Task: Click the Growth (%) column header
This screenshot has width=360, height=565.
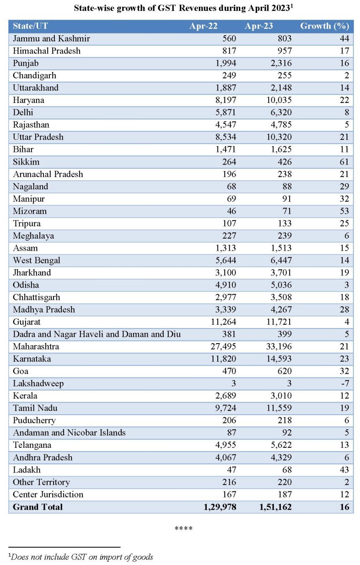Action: (x=324, y=26)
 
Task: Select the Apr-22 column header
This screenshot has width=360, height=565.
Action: (x=203, y=26)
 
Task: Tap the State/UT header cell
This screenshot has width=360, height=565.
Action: (x=30, y=26)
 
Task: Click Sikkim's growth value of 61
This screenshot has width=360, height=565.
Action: (x=345, y=162)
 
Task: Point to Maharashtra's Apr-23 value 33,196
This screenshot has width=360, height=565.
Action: (x=279, y=346)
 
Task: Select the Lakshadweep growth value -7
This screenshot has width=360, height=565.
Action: (x=345, y=383)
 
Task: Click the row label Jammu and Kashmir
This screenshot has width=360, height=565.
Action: (x=51, y=39)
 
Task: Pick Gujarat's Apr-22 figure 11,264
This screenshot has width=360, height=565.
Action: (x=224, y=322)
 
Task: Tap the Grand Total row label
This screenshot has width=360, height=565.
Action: (x=38, y=507)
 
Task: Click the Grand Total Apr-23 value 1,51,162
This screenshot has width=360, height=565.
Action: (x=275, y=507)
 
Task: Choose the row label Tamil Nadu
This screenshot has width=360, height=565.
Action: (x=35, y=408)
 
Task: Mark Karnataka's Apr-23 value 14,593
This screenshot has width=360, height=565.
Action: (x=279, y=359)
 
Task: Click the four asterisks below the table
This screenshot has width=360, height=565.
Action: (x=183, y=528)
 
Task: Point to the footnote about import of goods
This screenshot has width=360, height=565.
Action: (x=81, y=557)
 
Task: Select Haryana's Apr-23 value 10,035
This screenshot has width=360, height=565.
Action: (x=279, y=100)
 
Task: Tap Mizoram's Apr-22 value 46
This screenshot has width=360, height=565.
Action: (x=231, y=211)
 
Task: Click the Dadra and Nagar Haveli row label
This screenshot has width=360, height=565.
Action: (x=97, y=334)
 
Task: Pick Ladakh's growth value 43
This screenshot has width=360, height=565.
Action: (x=345, y=470)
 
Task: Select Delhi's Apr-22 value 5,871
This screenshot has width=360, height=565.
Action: (x=226, y=113)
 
